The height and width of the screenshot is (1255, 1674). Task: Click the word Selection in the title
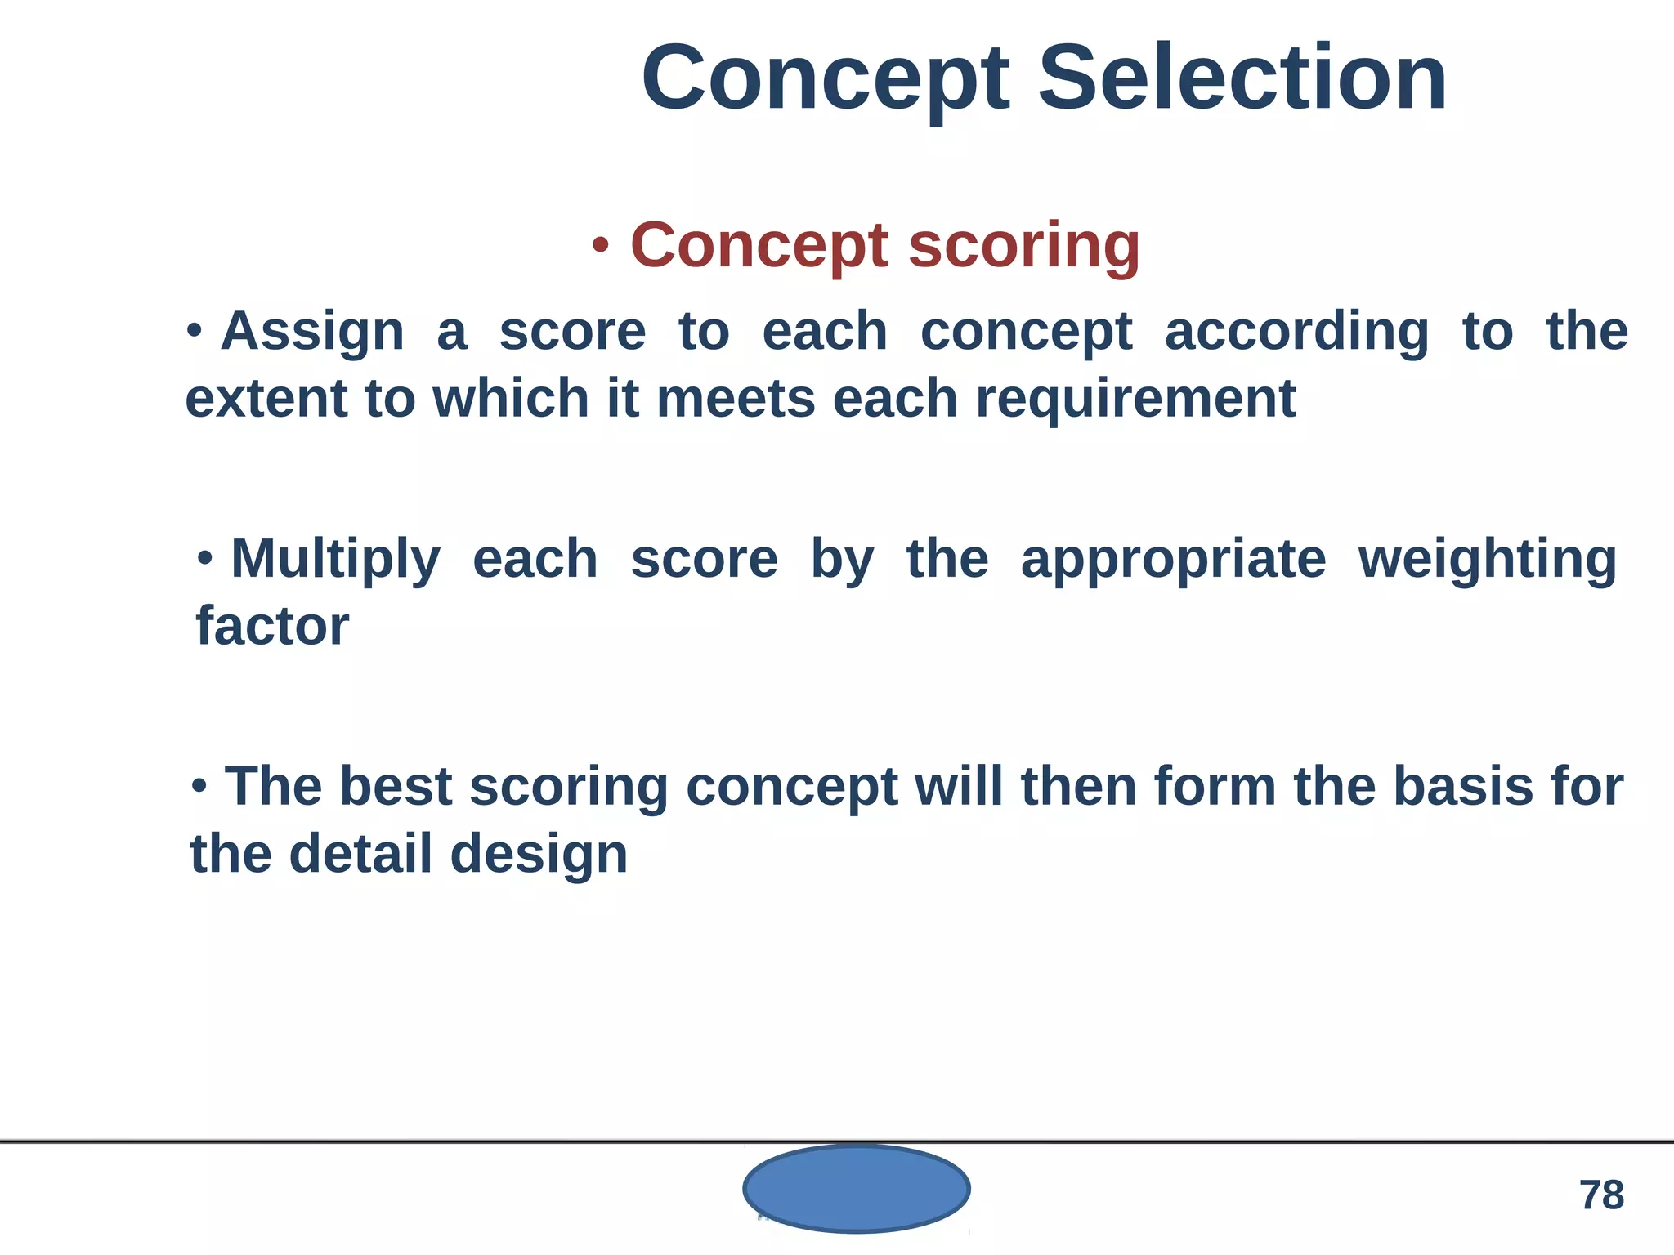pos(1242,79)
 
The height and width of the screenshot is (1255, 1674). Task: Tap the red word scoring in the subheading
pos(1024,247)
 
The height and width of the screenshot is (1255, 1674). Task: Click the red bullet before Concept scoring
pos(601,245)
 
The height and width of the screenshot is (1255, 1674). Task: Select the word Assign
pos(312,333)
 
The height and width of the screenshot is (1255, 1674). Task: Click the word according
pos(1296,333)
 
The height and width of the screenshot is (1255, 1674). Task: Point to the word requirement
pos(1135,400)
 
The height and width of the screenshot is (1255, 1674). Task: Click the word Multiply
pos(335,561)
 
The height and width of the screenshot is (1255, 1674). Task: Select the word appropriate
pos(1173,561)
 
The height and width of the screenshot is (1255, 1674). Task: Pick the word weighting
pos(1487,561)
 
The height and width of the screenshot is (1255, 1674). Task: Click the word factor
pos(272,627)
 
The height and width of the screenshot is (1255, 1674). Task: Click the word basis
pos(1462,787)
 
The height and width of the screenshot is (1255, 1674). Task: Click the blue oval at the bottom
pos(856,1188)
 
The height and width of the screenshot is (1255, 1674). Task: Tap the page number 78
pos(1601,1195)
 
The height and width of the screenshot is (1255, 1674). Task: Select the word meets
pos(736,400)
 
